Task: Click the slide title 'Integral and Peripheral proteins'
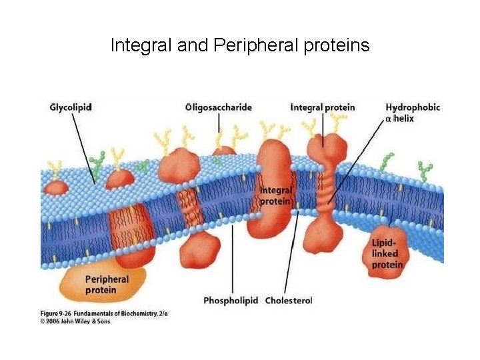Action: (x=240, y=46)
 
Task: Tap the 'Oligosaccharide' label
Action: (x=219, y=107)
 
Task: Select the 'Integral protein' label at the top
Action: (x=323, y=107)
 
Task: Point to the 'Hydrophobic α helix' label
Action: (x=413, y=113)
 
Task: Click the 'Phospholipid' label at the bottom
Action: (x=231, y=301)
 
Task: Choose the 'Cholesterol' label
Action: (x=289, y=301)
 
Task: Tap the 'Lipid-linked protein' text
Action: (x=387, y=253)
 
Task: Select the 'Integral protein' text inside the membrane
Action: (x=275, y=195)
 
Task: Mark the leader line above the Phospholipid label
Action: (x=232, y=260)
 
